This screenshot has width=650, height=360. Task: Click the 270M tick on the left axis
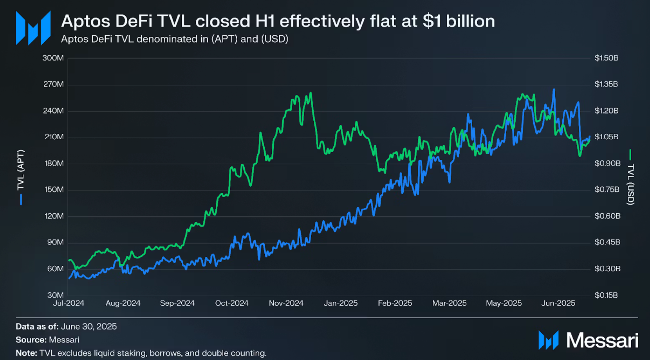[53, 84]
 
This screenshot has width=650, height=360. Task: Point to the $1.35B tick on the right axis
[606, 84]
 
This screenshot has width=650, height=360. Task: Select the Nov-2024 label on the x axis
[286, 303]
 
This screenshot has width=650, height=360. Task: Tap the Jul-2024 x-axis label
[69, 303]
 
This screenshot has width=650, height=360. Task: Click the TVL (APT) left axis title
[21, 170]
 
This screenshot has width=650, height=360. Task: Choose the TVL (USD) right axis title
[630, 184]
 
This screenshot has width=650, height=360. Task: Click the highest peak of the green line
[311, 93]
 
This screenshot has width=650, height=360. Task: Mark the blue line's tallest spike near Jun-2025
[554, 90]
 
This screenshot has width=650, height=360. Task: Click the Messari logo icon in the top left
[33, 28]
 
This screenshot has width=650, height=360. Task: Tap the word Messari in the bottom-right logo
[602, 340]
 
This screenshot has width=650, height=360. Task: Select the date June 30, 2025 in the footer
[88, 326]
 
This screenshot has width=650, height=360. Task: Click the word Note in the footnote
[26, 353]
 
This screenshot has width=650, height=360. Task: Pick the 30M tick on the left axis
[55, 295]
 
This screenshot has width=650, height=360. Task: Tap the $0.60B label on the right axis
[607, 216]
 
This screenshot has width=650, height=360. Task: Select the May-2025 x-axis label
[504, 303]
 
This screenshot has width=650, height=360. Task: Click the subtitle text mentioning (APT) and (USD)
[175, 39]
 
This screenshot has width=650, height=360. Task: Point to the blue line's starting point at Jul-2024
[69, 278]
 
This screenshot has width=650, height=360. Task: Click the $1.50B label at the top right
[607, 58]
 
